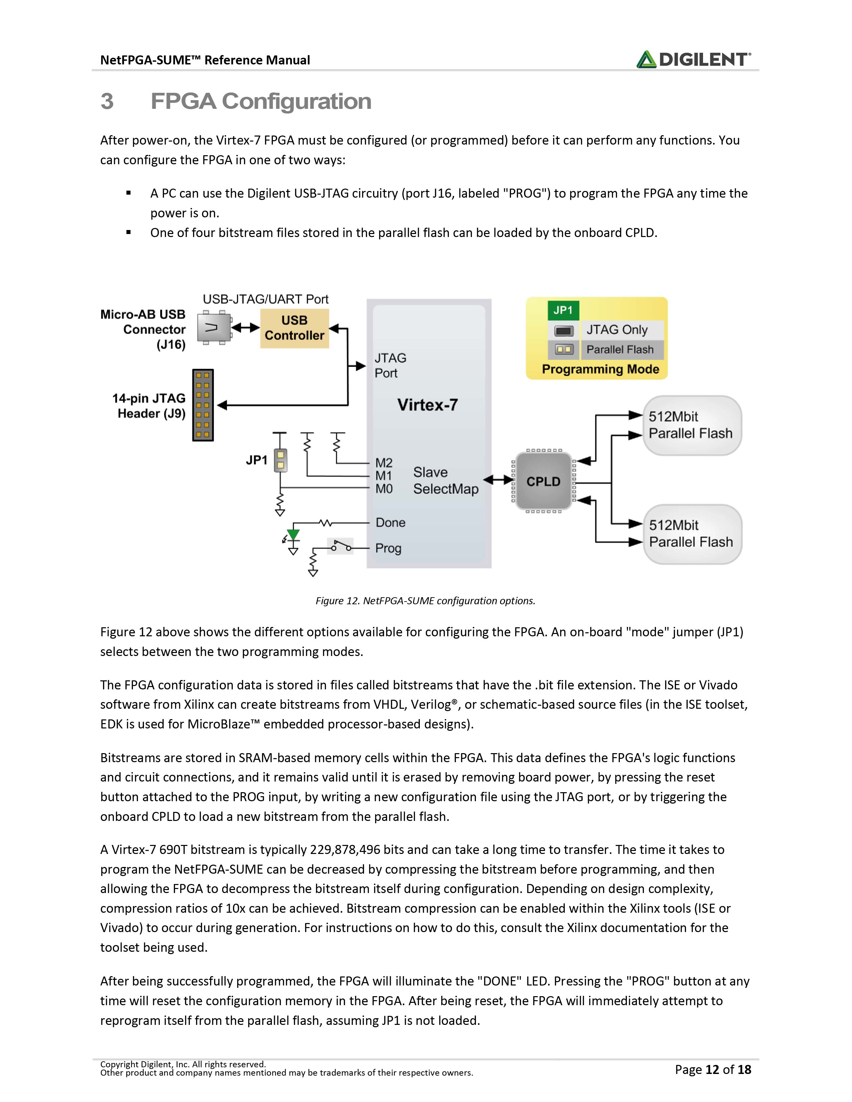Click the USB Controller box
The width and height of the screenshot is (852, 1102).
[x=294, y=328]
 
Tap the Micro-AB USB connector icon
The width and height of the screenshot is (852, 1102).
[x=213, y=328]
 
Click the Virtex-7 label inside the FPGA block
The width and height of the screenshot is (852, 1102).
[x=428, y=405]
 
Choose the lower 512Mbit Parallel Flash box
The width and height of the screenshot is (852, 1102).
[x=692, y=534]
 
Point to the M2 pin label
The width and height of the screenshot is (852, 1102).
[x=384, y=463]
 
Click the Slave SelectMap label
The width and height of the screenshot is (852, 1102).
[x=446, y=480]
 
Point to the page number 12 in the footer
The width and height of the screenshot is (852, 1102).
[x=712, y=1069]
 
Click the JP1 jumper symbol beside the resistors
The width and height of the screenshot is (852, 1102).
[x=281, y=460]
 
